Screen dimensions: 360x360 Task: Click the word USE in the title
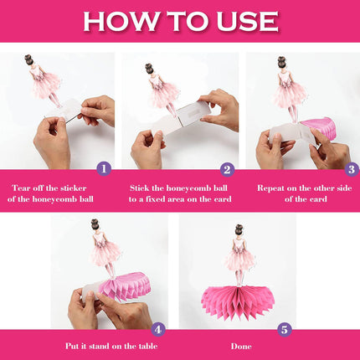coord(248,21)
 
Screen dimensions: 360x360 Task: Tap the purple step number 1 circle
coord(104,169)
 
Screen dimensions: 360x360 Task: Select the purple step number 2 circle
coord(228,169)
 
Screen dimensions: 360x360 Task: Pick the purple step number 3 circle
coord(352,169)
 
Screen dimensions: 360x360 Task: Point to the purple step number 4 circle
coord(158,330)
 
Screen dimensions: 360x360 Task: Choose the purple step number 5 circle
coord(285,330)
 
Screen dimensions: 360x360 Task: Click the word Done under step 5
coord(241,347)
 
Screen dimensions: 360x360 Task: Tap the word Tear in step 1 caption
coord(20,188)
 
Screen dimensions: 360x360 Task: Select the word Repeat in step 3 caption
coord(270,188)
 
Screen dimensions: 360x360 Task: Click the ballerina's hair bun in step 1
coord(28,58)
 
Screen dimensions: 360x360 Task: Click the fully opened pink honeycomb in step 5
coord(238,303)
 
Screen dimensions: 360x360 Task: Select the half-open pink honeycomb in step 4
coord(126,286)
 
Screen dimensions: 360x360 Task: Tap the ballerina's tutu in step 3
coord(290,93)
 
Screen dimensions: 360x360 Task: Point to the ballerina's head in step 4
coord(96,225)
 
